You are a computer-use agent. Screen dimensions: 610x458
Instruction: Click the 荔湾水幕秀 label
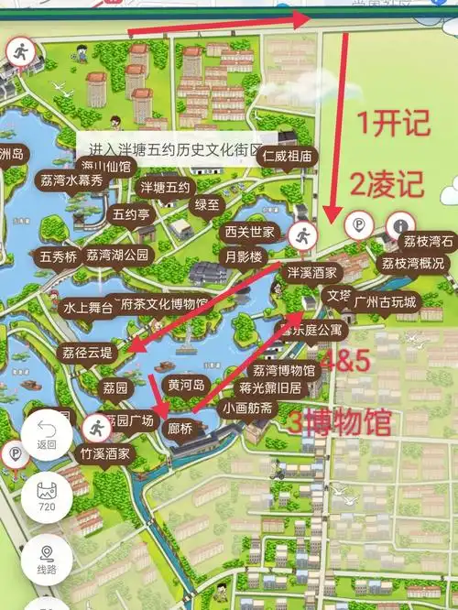(77, 180)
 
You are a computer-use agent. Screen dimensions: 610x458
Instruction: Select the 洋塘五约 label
(165, 189)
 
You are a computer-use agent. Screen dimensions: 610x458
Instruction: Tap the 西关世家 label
(249, 230)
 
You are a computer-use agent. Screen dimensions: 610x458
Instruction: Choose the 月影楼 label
(243, 256)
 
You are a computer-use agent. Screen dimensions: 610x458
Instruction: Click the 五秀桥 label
(58, 257)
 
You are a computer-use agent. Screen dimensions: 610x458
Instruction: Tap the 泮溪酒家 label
(312, 273)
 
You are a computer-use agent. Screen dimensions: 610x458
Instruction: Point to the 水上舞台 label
(87, 308)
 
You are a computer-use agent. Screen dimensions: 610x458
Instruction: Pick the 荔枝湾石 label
(428, 242)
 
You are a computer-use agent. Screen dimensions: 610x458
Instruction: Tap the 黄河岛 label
(185, 384)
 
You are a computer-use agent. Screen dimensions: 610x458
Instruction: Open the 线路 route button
(47, 558)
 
